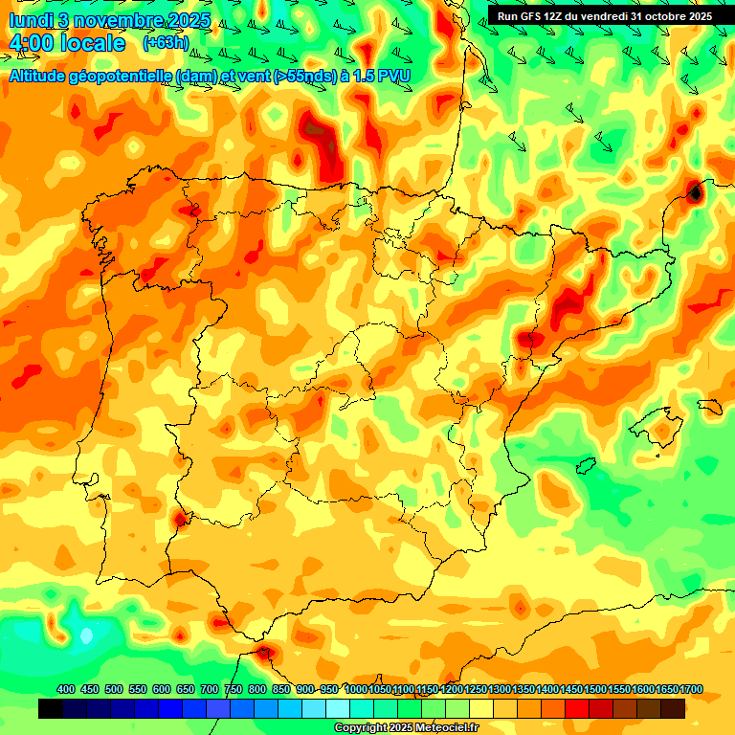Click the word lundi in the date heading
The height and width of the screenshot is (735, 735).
pos(31,20)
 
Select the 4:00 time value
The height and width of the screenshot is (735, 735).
pos(31,44)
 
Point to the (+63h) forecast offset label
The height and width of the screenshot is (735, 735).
pos(166,43)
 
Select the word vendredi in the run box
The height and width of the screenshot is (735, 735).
pos(604,16)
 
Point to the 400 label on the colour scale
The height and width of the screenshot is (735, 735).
pos(66,690)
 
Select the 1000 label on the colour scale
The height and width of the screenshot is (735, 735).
pos(356,690)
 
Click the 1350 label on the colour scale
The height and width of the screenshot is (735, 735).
pos(523,690)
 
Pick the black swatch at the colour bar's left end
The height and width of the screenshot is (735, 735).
pos(51,709)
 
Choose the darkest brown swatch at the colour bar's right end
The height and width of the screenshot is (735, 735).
pos(673,709)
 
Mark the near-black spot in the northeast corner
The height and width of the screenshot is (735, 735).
pos(695,193)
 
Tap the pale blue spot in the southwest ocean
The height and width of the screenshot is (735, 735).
pos(87,635)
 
